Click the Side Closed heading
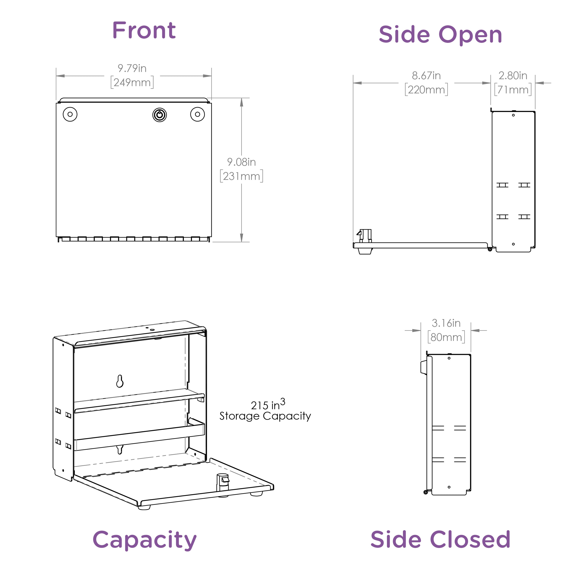click(x=440, y=539)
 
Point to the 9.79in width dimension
click(x=132, y=68)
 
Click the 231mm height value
click(x=242, y=176)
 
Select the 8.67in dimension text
click(x=426, y=76)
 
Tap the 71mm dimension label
click(x=513, y=89)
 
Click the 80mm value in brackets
click(x=446, y=337)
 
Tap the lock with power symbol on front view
click(x=160, y=115)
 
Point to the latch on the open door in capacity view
click(x=222, y=482)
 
